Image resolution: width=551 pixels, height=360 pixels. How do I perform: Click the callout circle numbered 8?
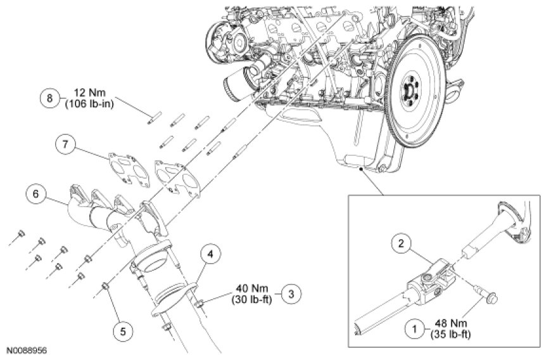(x=49, y=98)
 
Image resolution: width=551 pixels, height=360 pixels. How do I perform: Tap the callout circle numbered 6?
(x=36, y=194)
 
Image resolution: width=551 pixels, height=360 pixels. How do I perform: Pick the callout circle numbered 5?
(x=123, y=331)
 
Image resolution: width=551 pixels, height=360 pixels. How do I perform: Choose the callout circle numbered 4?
(x=210, y=254)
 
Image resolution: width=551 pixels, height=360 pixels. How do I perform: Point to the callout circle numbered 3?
(x=291, y=293)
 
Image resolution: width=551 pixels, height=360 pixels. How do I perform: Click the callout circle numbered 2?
(x=402, y=243)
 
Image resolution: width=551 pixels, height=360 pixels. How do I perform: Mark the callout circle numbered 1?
(x=415, y=330)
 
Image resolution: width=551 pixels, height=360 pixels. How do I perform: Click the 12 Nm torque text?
(x=89, y=94)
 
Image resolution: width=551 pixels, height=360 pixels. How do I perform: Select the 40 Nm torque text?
(x=252, y=288)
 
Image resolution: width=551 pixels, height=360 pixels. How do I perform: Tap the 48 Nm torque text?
(x=451, y=323)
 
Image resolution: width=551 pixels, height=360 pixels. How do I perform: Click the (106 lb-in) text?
(x=89, y=105)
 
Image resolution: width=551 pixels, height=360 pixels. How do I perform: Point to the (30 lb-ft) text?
(x=252, y=300)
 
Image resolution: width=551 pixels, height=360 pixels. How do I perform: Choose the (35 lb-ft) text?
(x=451, y=335)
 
